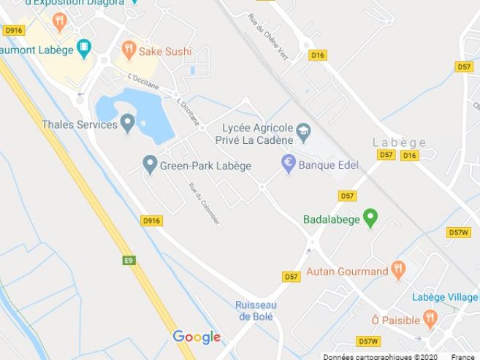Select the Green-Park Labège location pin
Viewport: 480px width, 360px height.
coord(151,164)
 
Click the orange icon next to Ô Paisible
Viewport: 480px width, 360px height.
coord(430,319)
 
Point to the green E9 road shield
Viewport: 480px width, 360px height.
coord(129,259)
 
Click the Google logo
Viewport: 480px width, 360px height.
coord(197,337)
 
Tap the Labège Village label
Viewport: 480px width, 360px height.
coord(445,297)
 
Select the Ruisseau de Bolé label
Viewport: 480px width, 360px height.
coord(255,310)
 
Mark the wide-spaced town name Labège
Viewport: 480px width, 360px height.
coord(399,142)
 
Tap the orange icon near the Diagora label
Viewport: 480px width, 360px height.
coord(60,22)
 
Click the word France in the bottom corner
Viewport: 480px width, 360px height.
coord(462,357)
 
